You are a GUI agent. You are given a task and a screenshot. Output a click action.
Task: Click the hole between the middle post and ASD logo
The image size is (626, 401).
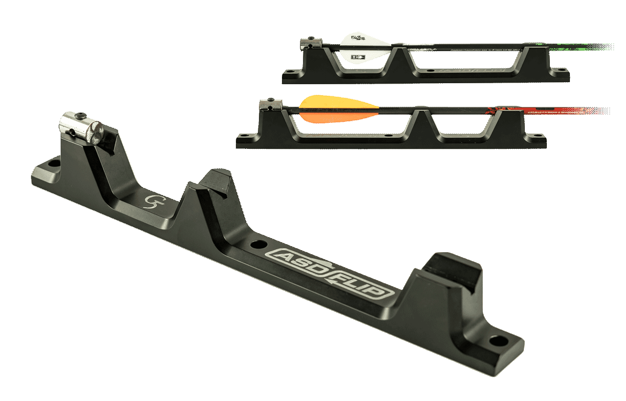coord(258,245)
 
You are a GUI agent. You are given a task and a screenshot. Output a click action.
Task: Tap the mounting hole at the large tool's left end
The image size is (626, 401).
coord(52,163)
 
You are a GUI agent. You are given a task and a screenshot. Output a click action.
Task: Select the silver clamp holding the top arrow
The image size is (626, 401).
coord(307,44)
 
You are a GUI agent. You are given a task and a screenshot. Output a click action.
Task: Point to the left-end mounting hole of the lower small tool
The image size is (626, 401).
coord(244,135)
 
